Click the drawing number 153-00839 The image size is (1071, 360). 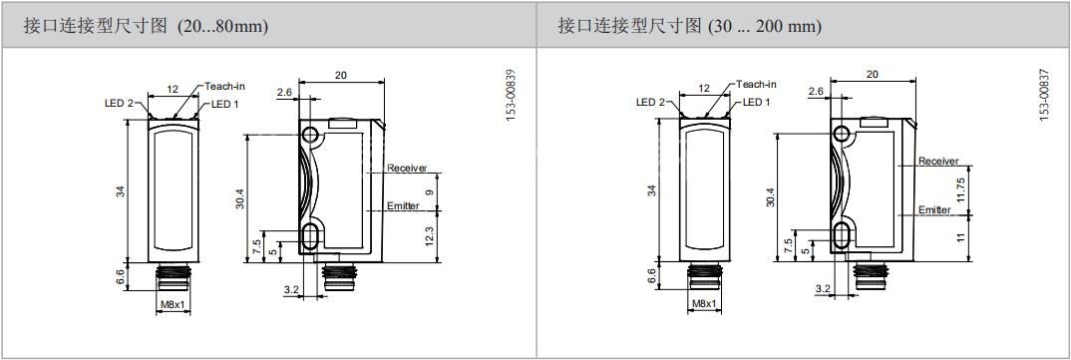pos(511,95)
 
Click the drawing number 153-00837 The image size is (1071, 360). pos(1043,95)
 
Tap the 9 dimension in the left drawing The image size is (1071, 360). pos(429,191)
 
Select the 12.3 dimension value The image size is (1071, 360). pos(429,235)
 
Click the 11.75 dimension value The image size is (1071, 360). pos(960,189)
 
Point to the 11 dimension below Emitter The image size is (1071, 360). pos(960,237)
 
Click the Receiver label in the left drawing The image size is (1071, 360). pos(407,169)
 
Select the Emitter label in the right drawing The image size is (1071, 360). pos(934,209)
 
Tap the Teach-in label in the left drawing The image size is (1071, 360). pos(224,86)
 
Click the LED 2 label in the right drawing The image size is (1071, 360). pos(650,103)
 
